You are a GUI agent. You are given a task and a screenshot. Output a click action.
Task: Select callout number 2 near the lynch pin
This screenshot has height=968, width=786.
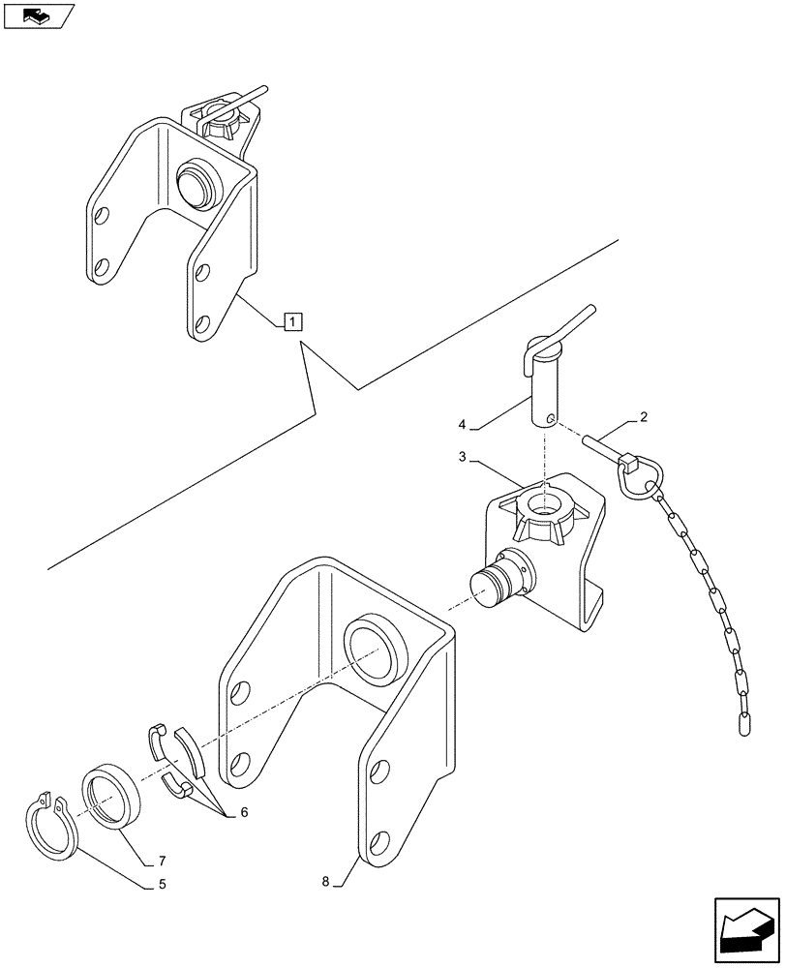point(643,417)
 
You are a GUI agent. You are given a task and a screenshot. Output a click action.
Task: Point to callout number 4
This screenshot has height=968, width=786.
point(463,424)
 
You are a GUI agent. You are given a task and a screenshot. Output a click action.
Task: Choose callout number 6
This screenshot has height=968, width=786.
point(243,813)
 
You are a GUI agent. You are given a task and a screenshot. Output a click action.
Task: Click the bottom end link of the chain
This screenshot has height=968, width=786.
point(745,722)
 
